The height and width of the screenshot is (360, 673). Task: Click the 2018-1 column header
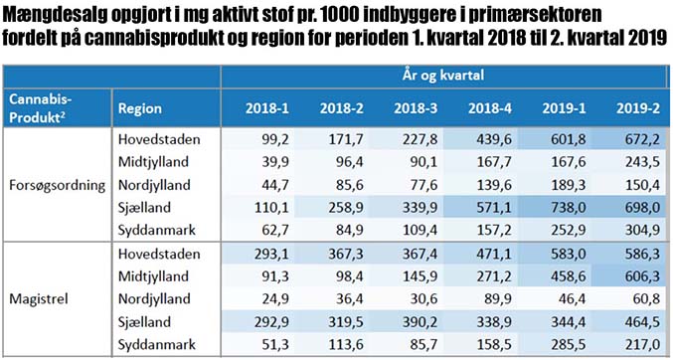click(267, 108)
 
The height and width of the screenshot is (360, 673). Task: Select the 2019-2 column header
click(638, 108)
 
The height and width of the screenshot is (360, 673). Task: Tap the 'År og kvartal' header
click(443, 76)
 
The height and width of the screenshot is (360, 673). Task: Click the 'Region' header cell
click(140, 108)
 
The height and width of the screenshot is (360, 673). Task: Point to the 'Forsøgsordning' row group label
click(57, 185)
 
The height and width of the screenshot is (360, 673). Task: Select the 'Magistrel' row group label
click(39, 299)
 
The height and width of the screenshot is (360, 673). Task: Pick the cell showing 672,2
click(641, 139)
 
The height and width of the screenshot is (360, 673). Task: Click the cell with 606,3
click(641, 276)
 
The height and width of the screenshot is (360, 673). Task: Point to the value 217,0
click(641, 344)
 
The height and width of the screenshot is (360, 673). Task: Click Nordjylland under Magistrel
click(154, 299)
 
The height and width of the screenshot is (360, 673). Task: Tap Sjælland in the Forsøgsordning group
click(145, 208)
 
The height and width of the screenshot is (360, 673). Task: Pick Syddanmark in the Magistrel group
click(157, 344)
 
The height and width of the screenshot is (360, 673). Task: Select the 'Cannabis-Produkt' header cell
click(41, 108)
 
